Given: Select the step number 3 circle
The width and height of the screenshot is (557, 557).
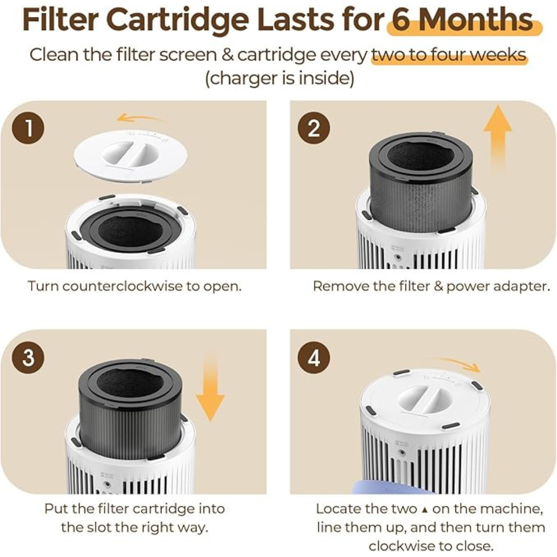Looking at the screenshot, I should [28, 357].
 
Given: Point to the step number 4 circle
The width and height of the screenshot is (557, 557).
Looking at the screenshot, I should [314, 357].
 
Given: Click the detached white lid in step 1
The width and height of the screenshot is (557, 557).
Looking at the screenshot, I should [130, 155].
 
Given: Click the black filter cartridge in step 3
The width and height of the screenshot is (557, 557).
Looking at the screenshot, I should [130, 407].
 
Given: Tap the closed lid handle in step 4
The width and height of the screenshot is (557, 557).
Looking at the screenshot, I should [423, 399].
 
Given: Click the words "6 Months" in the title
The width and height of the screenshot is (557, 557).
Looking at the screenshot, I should [462, 21].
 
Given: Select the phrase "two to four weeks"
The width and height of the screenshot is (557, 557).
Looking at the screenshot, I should [449, 55].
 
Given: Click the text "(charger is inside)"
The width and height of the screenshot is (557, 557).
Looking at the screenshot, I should [279, 79].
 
